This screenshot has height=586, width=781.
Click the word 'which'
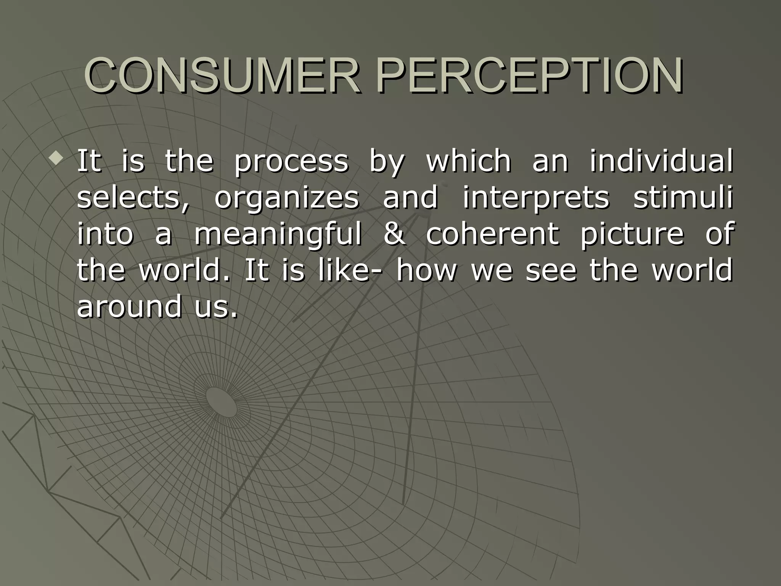point(468,161)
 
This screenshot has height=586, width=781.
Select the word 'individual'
point(661,161)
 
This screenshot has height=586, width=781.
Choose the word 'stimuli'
point(683,198)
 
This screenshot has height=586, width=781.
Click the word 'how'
point(426,270)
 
